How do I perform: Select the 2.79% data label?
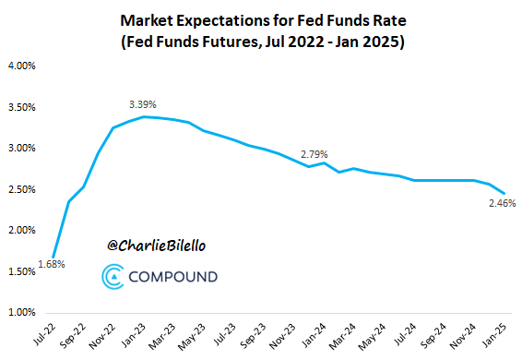pos(314,153)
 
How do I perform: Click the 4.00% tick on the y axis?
pos(21,66)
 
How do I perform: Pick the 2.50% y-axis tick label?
pos(21,189)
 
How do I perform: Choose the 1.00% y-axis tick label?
pos(21,312)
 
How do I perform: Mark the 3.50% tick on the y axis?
pos(21,107)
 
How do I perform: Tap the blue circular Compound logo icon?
pos(112,275)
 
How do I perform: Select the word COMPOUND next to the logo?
pos(172,276)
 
